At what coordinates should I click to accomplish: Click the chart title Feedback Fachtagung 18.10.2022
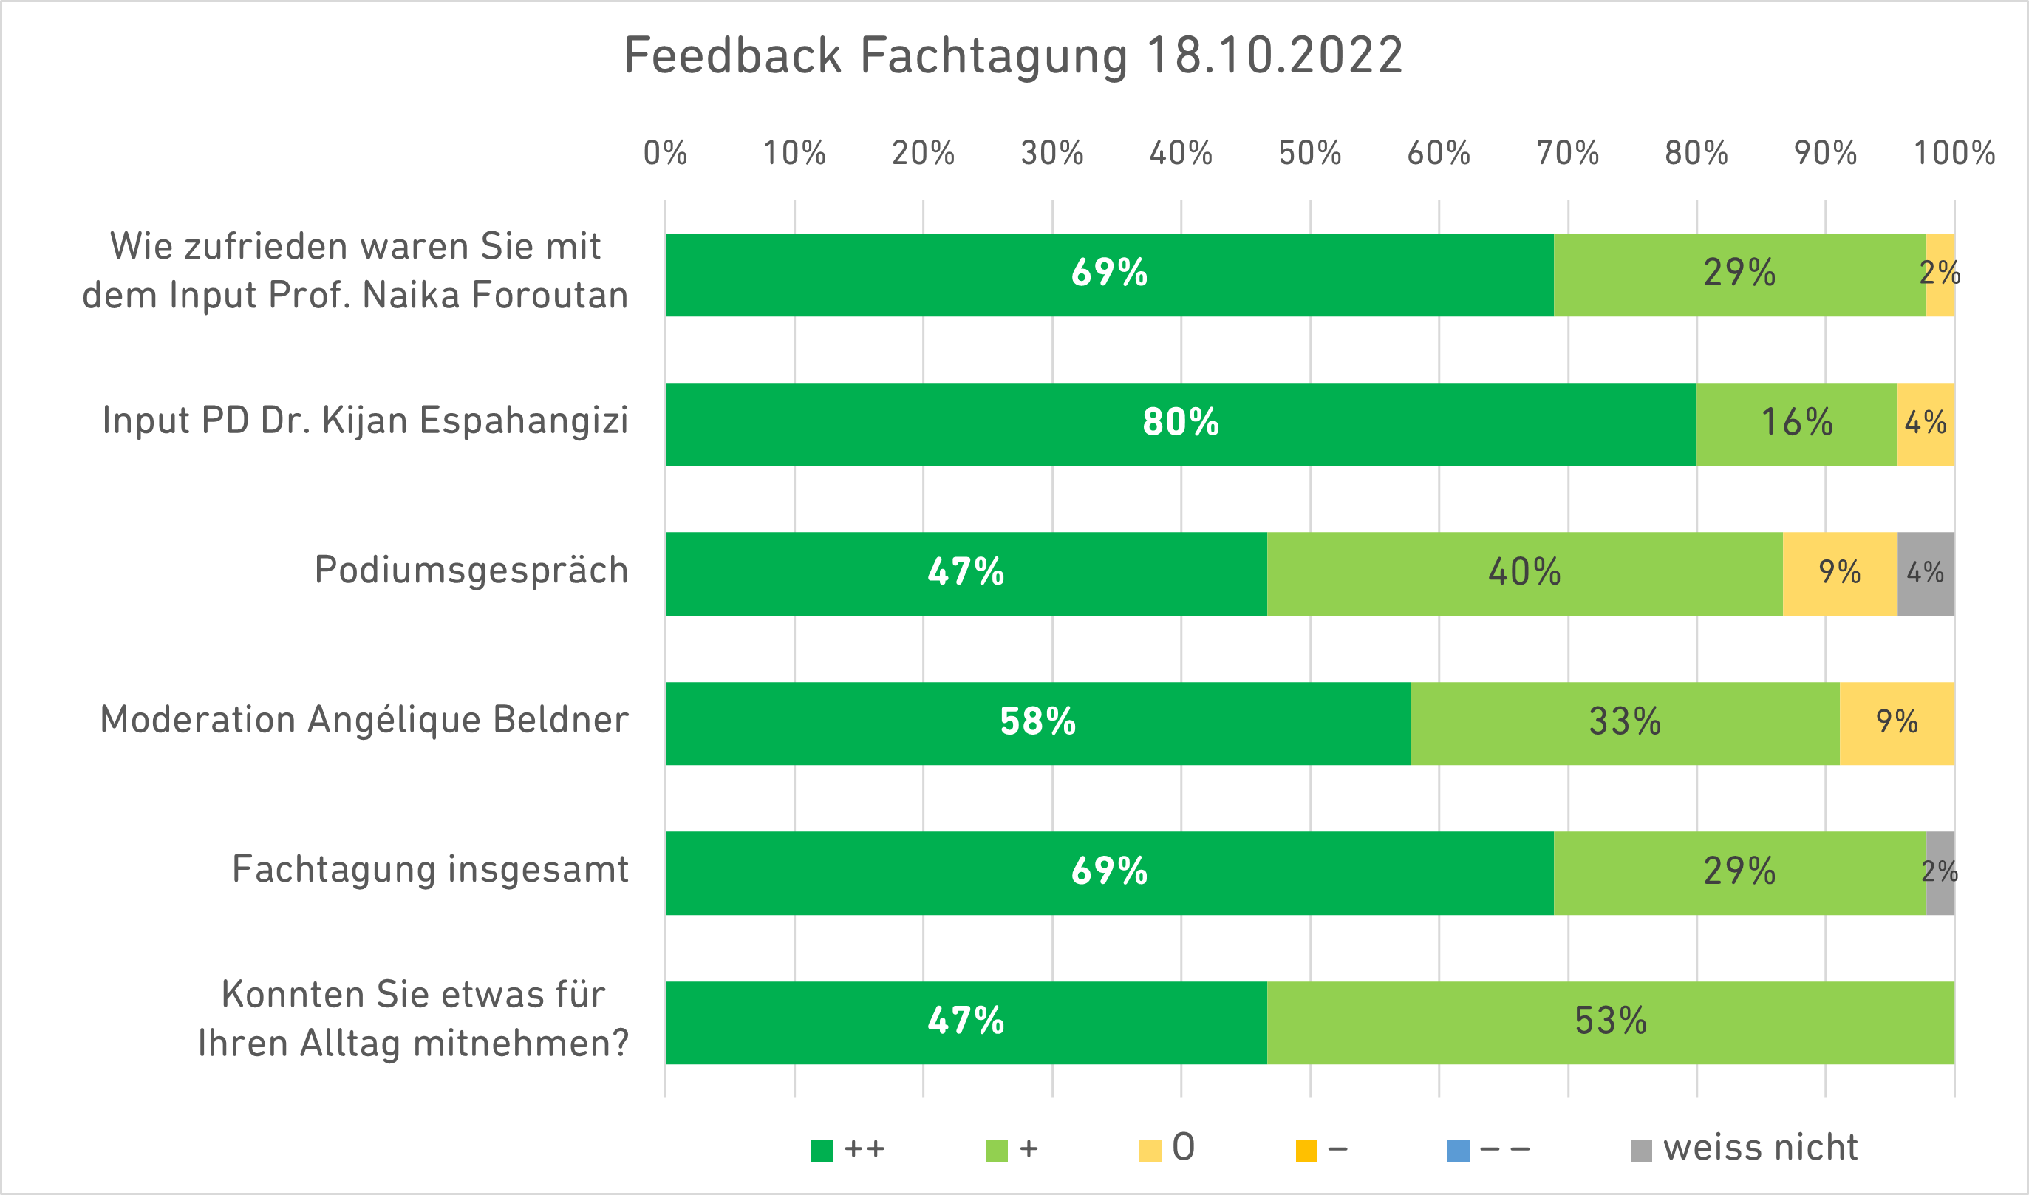point(1013,56)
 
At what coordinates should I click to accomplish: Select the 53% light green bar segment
point(1610,1022)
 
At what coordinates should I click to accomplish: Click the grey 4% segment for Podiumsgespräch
point(1925,573)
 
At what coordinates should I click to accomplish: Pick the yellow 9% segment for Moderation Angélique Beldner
point(1896,722)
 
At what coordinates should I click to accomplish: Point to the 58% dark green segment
point(1038,722)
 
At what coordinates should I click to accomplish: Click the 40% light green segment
point(1524,573)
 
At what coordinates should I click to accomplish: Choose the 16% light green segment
point(1796,423)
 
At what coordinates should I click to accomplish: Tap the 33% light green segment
point(1625,722)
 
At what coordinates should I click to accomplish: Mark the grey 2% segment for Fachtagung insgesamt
point(1940,872)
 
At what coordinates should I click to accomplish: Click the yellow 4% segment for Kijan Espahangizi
point(1925,423)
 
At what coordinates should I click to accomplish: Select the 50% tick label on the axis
point(1310,153)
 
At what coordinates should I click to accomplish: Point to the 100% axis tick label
point(1954,153)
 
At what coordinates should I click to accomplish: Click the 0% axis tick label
point(665,153)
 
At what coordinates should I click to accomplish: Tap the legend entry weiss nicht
point(1760,1148)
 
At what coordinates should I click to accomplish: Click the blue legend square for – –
point(1458,1151)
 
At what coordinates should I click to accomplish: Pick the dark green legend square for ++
point(821,1151)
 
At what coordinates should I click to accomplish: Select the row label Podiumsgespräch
point(471,570)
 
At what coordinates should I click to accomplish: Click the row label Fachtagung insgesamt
point(430,870)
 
